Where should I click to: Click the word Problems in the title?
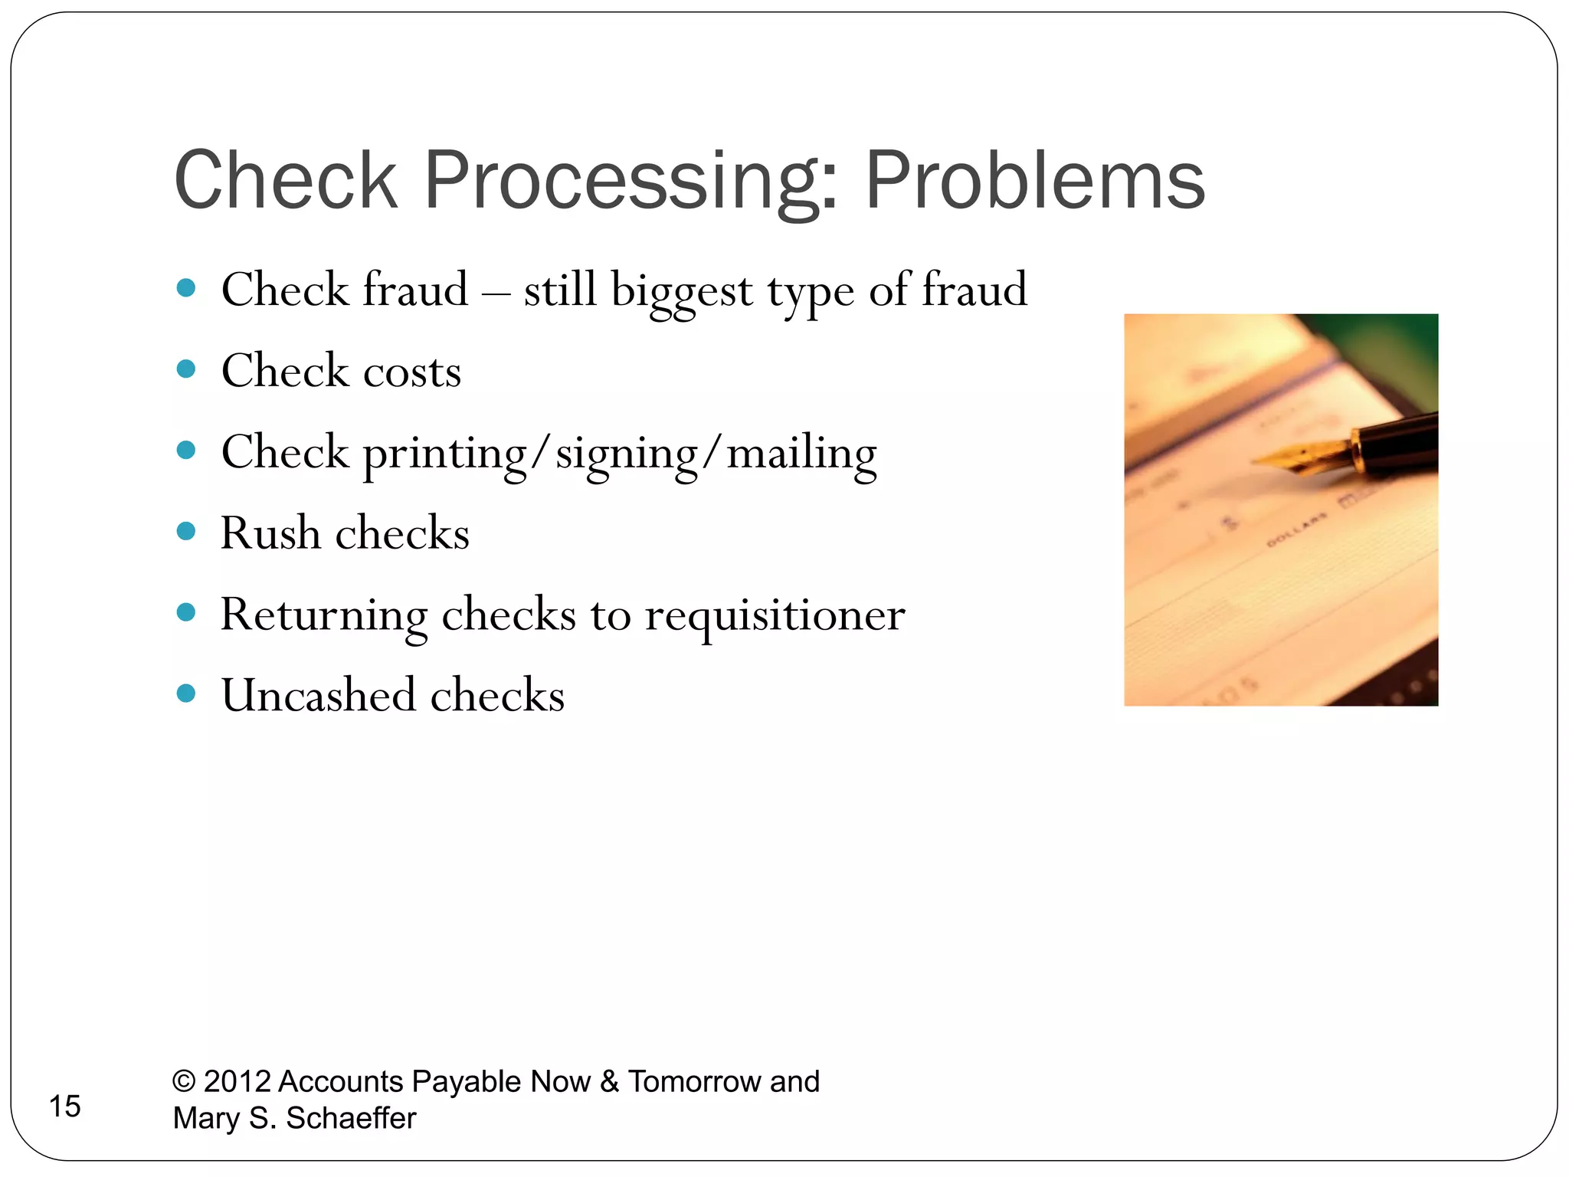click(x=1034, y=181)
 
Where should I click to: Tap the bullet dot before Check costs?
click(x=186, y=369)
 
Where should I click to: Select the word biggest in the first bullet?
click(x=681, y=291)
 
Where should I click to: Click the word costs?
click(x=412, y=372)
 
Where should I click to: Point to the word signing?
click(x=626, y=454)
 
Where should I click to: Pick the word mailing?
click(x=801, y=454)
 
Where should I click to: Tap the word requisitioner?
click(x=775, y=615)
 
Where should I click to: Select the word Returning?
click(x=323, y=615)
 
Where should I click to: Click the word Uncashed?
click(x=319, y=695)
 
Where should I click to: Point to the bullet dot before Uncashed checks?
click(x=186, y=693)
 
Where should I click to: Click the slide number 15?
click(x=65, y=1106)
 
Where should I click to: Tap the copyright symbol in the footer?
click(x=184, y=1081)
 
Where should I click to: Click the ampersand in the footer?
click(x=609, y=1081)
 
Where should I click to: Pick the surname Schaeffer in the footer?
click(x=351, y=1118)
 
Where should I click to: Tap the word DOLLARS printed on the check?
click(x=1296, y=530)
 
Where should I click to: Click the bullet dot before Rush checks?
click(x=186, y=531)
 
